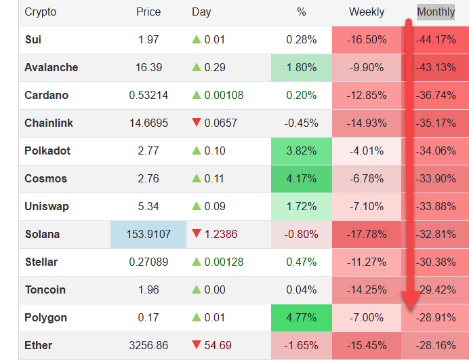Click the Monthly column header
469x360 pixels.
(x=436, y=12)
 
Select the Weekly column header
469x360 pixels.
(x=367, y=12)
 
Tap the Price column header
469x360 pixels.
(x=148, y=12)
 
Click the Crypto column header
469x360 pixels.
(x=41, y=12)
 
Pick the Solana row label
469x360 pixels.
(x=42, y=234)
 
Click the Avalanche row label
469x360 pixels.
(x=51, y=67)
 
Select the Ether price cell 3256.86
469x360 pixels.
(x=148, y=345)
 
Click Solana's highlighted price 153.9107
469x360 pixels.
(x=148, y=234)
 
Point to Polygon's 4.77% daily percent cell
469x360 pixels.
(x=302, y=317)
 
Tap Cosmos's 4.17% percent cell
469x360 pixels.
(x=302, y=178)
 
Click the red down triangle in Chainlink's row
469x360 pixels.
(x=197, y=123)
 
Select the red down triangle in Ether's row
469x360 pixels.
(x=197, y=345)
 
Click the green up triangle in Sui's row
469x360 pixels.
(x=197, y=39)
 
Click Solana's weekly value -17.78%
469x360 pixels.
(x=367, y=234)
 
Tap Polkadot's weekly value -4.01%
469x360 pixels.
(x=367, y=151)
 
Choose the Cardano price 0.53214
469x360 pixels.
(x=148, y=95)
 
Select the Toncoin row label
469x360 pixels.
(x=45, y=289)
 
